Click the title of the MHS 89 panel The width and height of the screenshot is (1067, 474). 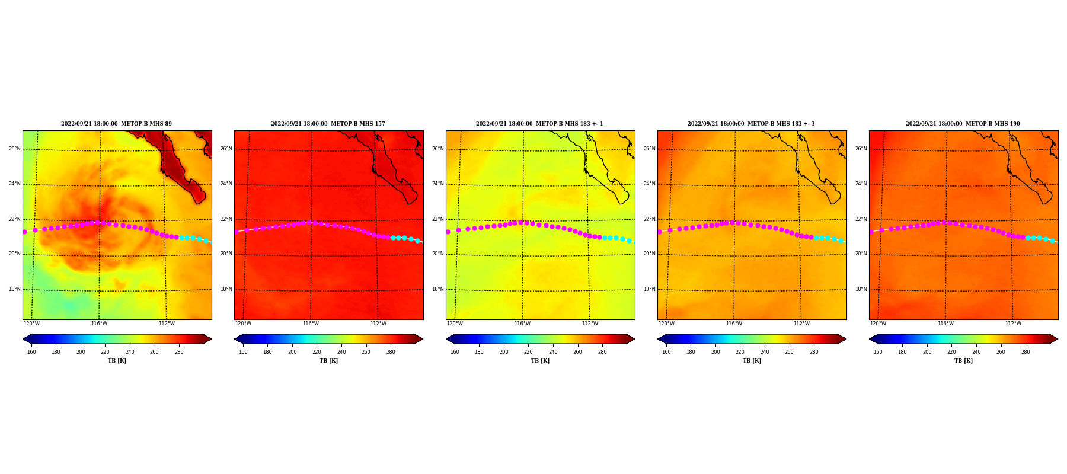point(117,124)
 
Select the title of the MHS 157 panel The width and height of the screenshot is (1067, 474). point(328,124)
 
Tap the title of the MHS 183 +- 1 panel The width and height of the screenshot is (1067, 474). point(540,124)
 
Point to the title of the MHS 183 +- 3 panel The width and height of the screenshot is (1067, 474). point(752,124)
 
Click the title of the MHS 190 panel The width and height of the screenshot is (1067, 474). point(963,124)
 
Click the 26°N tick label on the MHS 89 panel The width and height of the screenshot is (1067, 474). point(14,149)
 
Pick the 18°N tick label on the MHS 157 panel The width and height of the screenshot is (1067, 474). point(226,289)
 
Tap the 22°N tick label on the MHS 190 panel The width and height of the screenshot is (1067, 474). point(861,219)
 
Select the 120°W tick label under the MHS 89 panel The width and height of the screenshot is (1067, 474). point(32,324)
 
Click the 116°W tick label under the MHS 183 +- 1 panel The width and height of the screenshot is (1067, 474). point(522,324)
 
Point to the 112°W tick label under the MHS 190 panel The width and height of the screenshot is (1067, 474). point(1013,324)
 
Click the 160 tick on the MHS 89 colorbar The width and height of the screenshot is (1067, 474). point(31,352)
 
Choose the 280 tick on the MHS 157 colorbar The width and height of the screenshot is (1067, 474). point(391,352)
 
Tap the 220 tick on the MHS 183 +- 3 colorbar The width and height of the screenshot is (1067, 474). point(740,352)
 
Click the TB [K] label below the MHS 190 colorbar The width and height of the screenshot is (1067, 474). point(963,361)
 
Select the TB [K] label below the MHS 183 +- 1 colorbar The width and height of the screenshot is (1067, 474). point(540,361)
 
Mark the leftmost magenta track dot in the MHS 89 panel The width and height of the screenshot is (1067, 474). point(24,232)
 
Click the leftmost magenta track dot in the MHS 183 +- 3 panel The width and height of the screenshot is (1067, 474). point(659,232)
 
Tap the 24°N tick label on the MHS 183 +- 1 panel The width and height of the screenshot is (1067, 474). point(437,184)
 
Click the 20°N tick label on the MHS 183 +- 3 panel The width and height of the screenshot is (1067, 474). point(649,254)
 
